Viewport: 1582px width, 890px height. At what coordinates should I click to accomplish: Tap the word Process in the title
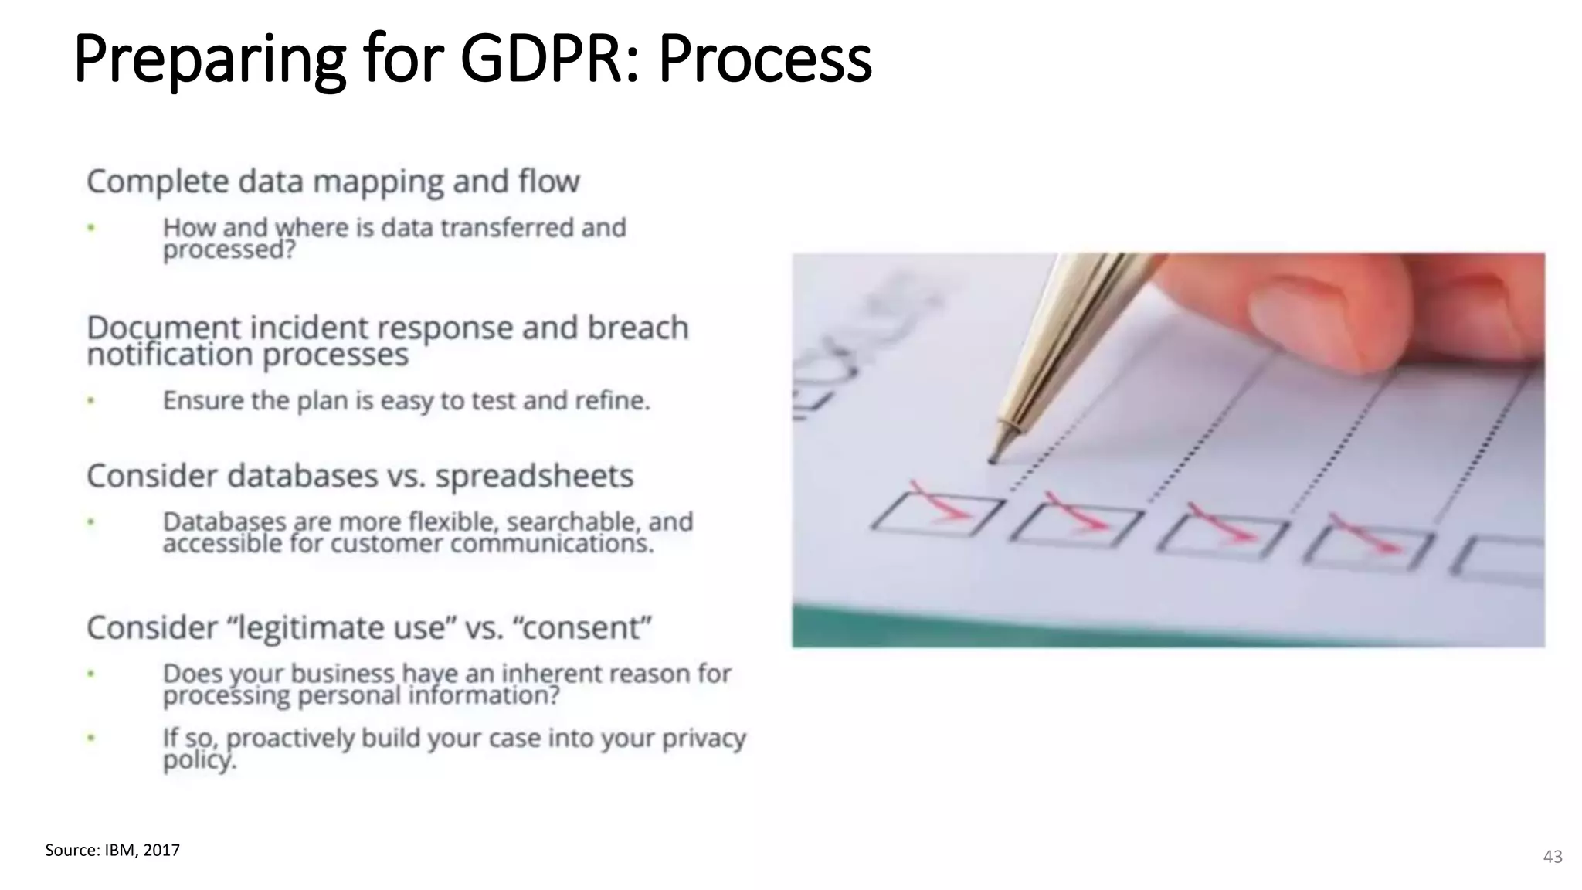click(765, 59)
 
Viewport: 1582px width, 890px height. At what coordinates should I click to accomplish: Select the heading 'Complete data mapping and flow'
click(333, 182)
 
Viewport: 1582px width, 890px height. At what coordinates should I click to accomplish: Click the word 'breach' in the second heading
click(637, 328)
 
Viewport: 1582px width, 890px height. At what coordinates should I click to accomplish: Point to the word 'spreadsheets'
click(534, 476)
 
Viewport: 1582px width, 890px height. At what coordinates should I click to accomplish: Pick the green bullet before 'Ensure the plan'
click(91, 400)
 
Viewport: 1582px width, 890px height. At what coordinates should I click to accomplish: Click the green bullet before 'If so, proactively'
click(91, 738)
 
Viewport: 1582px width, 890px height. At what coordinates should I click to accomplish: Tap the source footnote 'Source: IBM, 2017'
click(112, 850)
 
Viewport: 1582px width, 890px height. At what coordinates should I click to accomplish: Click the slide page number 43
click(1553, 856)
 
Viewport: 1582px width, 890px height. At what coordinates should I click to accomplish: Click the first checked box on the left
click(936, 515)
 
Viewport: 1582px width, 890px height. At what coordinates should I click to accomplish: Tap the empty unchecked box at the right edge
click(1502, 558)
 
